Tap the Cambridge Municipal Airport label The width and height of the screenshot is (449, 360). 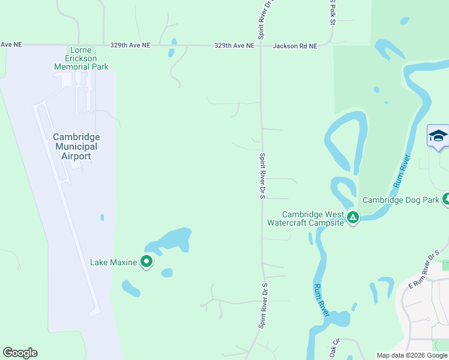tap(76, 146)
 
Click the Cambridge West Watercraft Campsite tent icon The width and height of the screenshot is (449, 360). tap(353, 217)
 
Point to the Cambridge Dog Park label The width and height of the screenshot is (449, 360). tap(400, 200)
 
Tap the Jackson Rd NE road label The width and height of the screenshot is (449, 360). tap(295, 46)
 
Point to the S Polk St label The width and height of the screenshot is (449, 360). tap(331, 12)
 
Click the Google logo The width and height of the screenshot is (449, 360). tap(20, 353)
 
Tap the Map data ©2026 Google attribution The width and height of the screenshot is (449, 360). tap(411, 355)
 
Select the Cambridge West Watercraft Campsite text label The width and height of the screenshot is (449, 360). tap(313, 218)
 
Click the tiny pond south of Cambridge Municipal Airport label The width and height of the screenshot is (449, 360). tap(102, 217)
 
